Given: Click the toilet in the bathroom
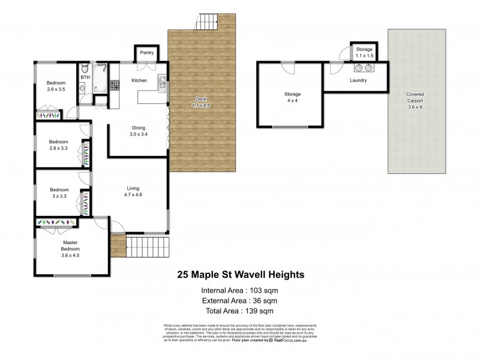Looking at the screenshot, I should pos(85,67).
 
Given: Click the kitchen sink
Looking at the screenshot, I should pos(161,83).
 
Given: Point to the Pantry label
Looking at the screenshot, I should pos(147,53).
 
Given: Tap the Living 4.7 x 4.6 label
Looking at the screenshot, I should pos(133,190).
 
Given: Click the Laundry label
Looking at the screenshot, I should pos(358,80).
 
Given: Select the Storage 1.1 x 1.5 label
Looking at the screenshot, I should pos(364,52).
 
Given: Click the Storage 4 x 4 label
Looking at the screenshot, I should pos(292,98).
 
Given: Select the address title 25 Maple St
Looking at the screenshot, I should pos(240,275).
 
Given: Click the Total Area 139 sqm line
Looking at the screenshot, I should pos(239,310).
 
